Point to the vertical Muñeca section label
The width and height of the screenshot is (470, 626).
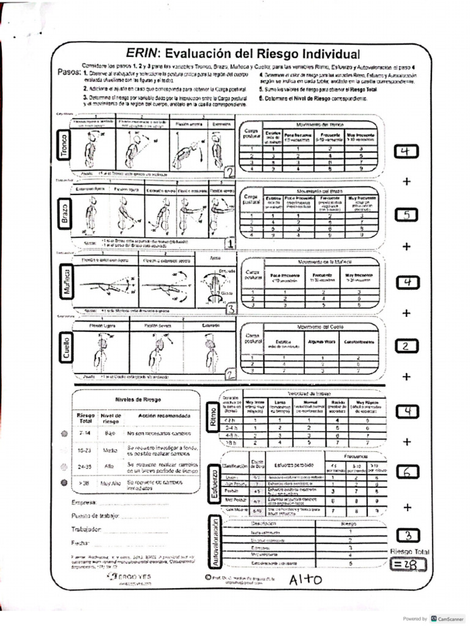click(65, 282)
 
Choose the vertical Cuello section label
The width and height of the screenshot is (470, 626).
click(65, 347)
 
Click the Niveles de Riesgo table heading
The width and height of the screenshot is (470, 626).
click(138, 399)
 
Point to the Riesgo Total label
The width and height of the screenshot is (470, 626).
click(409, 551)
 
